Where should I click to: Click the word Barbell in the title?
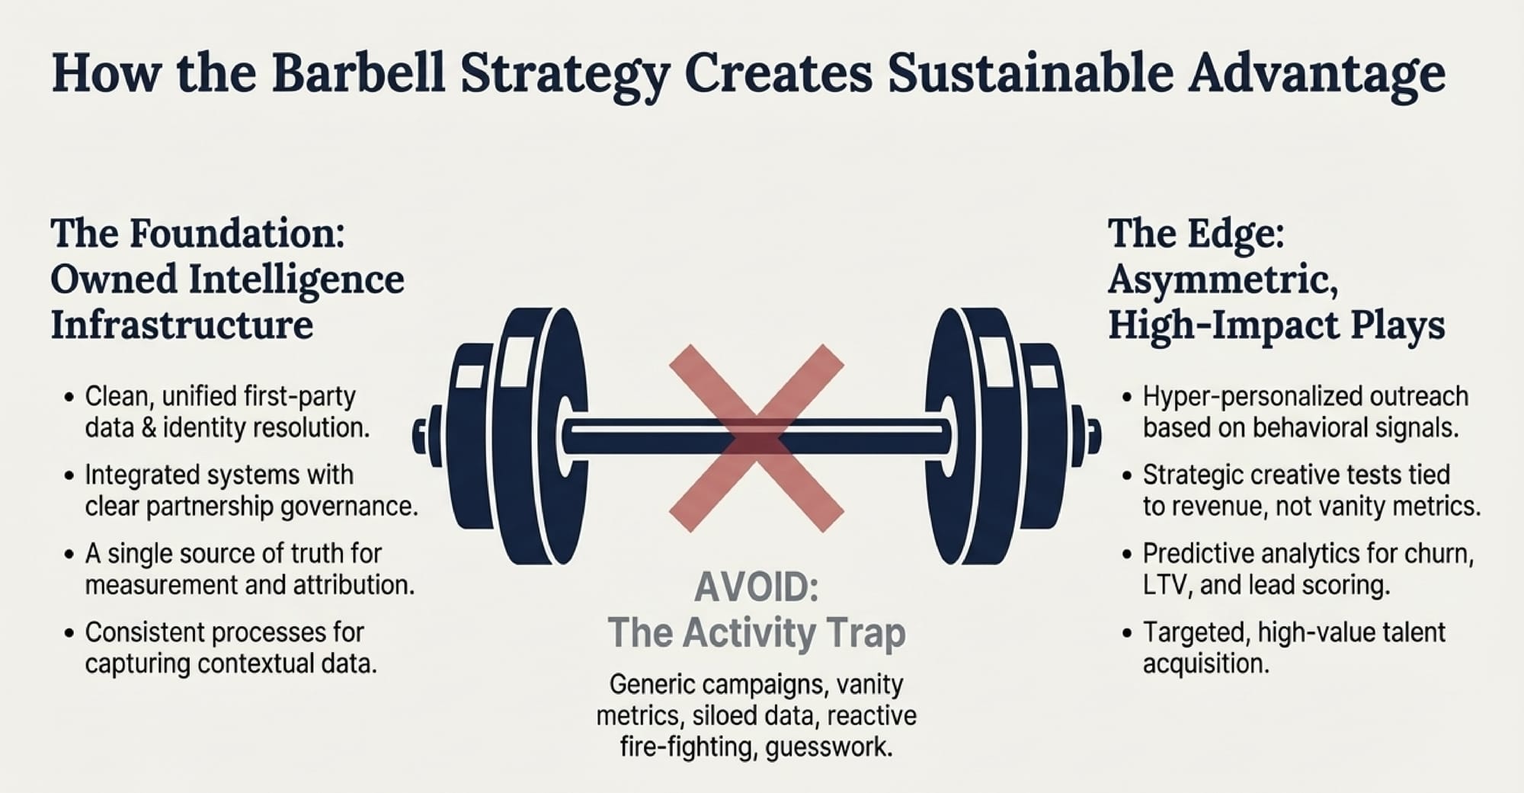click(358, 73)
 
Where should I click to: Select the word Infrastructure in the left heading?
click(182, 325)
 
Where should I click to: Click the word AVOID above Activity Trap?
click(757, 587)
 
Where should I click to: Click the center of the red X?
click(757, 438)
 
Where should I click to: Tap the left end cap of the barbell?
click(420, 436)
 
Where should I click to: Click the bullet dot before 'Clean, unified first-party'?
click(69, 398)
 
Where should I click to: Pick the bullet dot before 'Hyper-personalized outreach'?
click(1127, 398)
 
